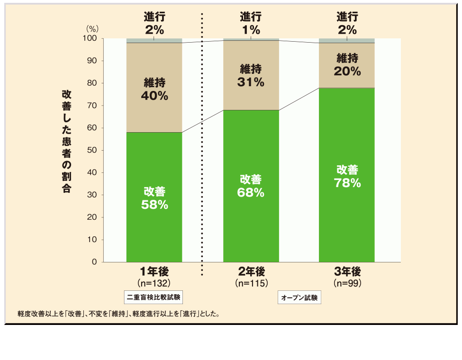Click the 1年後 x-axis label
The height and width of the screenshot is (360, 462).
click(x=154, y=272)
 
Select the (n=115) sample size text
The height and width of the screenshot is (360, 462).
click(x=251, y=283)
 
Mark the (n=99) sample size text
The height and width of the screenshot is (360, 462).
click(x=347, y=283)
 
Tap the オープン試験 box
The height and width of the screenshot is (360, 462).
click(x=299, y=297)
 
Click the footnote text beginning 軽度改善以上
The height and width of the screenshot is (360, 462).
click(x=118, y=314)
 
